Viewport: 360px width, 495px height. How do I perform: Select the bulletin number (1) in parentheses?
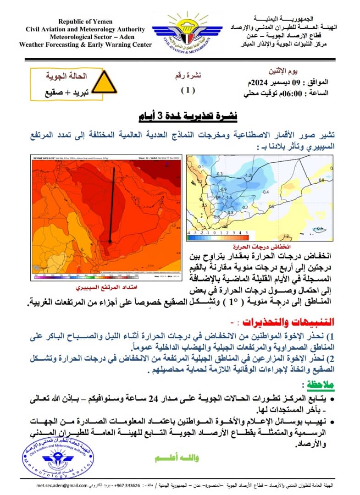coord(187,90)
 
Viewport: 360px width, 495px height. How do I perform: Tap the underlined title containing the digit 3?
coord(188,115)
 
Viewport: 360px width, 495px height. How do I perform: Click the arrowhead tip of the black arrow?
coord(110,242)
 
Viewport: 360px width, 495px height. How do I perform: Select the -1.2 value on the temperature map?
coord(249,176)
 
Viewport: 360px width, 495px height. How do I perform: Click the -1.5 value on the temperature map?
coord(229,198)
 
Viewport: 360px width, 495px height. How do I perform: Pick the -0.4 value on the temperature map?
coord(266,192)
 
